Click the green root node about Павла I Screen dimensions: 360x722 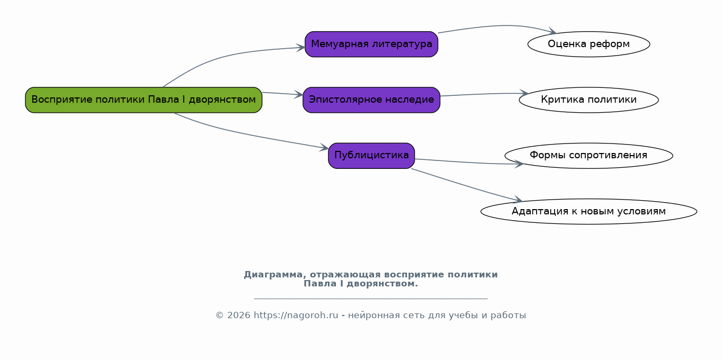[x=144, y=100]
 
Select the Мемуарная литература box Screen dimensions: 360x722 [x=371, y=44]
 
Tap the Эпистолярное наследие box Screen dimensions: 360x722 [x=371, y=100]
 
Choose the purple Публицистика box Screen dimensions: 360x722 [x=371, y=155]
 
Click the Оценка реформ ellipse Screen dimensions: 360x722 [x=589, y=44]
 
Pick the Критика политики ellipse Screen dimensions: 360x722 [x=589, y=100]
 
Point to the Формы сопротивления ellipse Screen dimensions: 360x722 [x=589, y=155]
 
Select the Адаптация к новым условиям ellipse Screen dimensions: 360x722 [x=589, y=211]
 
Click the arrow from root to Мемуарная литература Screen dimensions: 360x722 [x=222, y=55]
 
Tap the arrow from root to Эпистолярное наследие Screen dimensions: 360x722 [x=282, y=94]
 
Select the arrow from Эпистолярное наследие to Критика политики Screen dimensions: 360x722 [x=482, y=94]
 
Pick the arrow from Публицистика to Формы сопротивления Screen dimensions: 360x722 [x=466, y=162]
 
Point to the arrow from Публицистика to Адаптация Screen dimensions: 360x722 [x=466, y=186]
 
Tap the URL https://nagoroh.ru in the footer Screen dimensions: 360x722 [x=296, y=316]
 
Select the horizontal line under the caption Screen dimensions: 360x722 [x=371, y=299]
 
